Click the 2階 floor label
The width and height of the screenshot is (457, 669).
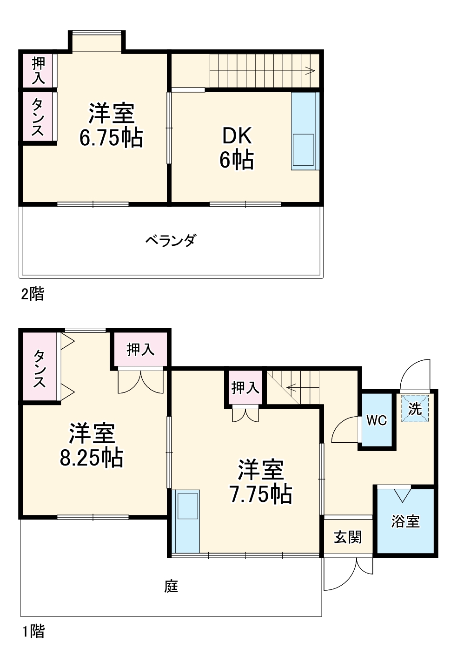(33, 294)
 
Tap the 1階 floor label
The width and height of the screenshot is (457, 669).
(33, 631)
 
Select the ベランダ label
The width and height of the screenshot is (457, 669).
(171, 241)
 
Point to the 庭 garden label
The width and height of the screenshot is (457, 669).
(171, 586)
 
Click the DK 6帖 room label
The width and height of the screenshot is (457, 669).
(237, 148)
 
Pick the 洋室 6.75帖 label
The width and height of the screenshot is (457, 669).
(111, 125)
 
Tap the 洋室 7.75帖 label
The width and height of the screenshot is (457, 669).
(261, 482)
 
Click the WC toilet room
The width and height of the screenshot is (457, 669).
(376, 420)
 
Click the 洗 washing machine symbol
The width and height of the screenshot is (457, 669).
(415, 409)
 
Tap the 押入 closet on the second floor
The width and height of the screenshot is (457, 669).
(38, 70)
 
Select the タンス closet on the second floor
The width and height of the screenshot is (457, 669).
(38, 117)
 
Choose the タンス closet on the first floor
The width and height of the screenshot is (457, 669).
(39, 368)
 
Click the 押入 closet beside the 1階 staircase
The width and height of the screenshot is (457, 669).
(245, 387)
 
